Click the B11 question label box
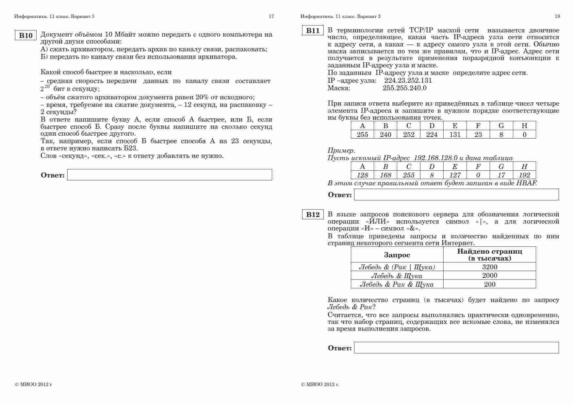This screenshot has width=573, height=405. click(x=313, y=31)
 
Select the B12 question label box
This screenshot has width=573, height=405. click(x=313, y=214)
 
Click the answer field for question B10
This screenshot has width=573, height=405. click(x=170, y=175)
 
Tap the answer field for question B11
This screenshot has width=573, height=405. click(x=456, y=195)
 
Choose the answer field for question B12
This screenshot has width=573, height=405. click(x=456, y=348)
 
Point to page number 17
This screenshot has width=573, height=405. click(x=271, y=16)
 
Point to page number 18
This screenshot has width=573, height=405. click(x=557, y=16)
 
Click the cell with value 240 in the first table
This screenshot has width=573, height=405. click(x=385, y=134)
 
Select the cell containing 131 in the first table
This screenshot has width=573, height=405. click(x=455, y=134)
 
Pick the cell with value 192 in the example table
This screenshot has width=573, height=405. click(x=524, y=175)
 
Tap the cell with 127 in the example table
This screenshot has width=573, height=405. click(x=455, y=175)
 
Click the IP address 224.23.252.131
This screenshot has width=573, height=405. click(x=408, y=80)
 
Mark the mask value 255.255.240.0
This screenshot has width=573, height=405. click(x=404, y=88)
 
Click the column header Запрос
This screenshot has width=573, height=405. click(x=397, y=255)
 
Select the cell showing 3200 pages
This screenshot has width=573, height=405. click(x=490, y=267)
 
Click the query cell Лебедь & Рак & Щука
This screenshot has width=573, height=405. click(x=397, y=284)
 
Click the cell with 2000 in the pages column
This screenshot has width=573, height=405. click(x=490, y=276)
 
